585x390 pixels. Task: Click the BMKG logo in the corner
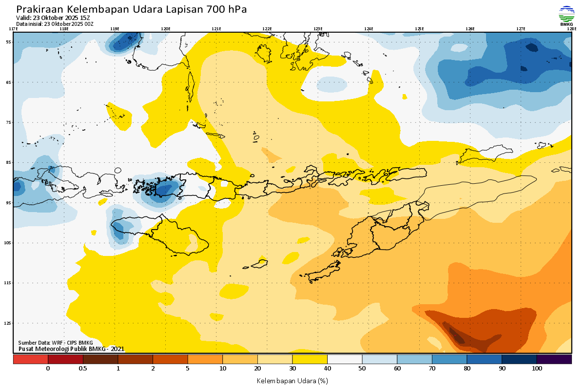coord(566,15)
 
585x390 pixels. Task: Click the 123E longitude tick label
coord(318,29)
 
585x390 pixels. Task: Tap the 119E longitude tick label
coord(115,29)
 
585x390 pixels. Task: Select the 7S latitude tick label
coord(9,122)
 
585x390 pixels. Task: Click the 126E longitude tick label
coord(470,29)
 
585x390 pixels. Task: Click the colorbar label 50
coord(362,369)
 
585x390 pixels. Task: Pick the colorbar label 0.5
coord(83,369)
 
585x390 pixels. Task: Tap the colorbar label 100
coord(537,369)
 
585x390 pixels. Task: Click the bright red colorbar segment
coord(30,359)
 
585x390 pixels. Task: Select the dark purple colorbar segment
coord(554,359)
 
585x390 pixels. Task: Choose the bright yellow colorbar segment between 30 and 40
coord(310,359)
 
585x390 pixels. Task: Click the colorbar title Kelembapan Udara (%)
coord(292,380)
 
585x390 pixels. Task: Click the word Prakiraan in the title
coord(40,9)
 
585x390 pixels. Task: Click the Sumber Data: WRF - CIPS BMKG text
coord(55,343)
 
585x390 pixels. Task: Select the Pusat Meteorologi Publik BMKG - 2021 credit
coord(71,349)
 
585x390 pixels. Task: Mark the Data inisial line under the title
coord(55,23)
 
